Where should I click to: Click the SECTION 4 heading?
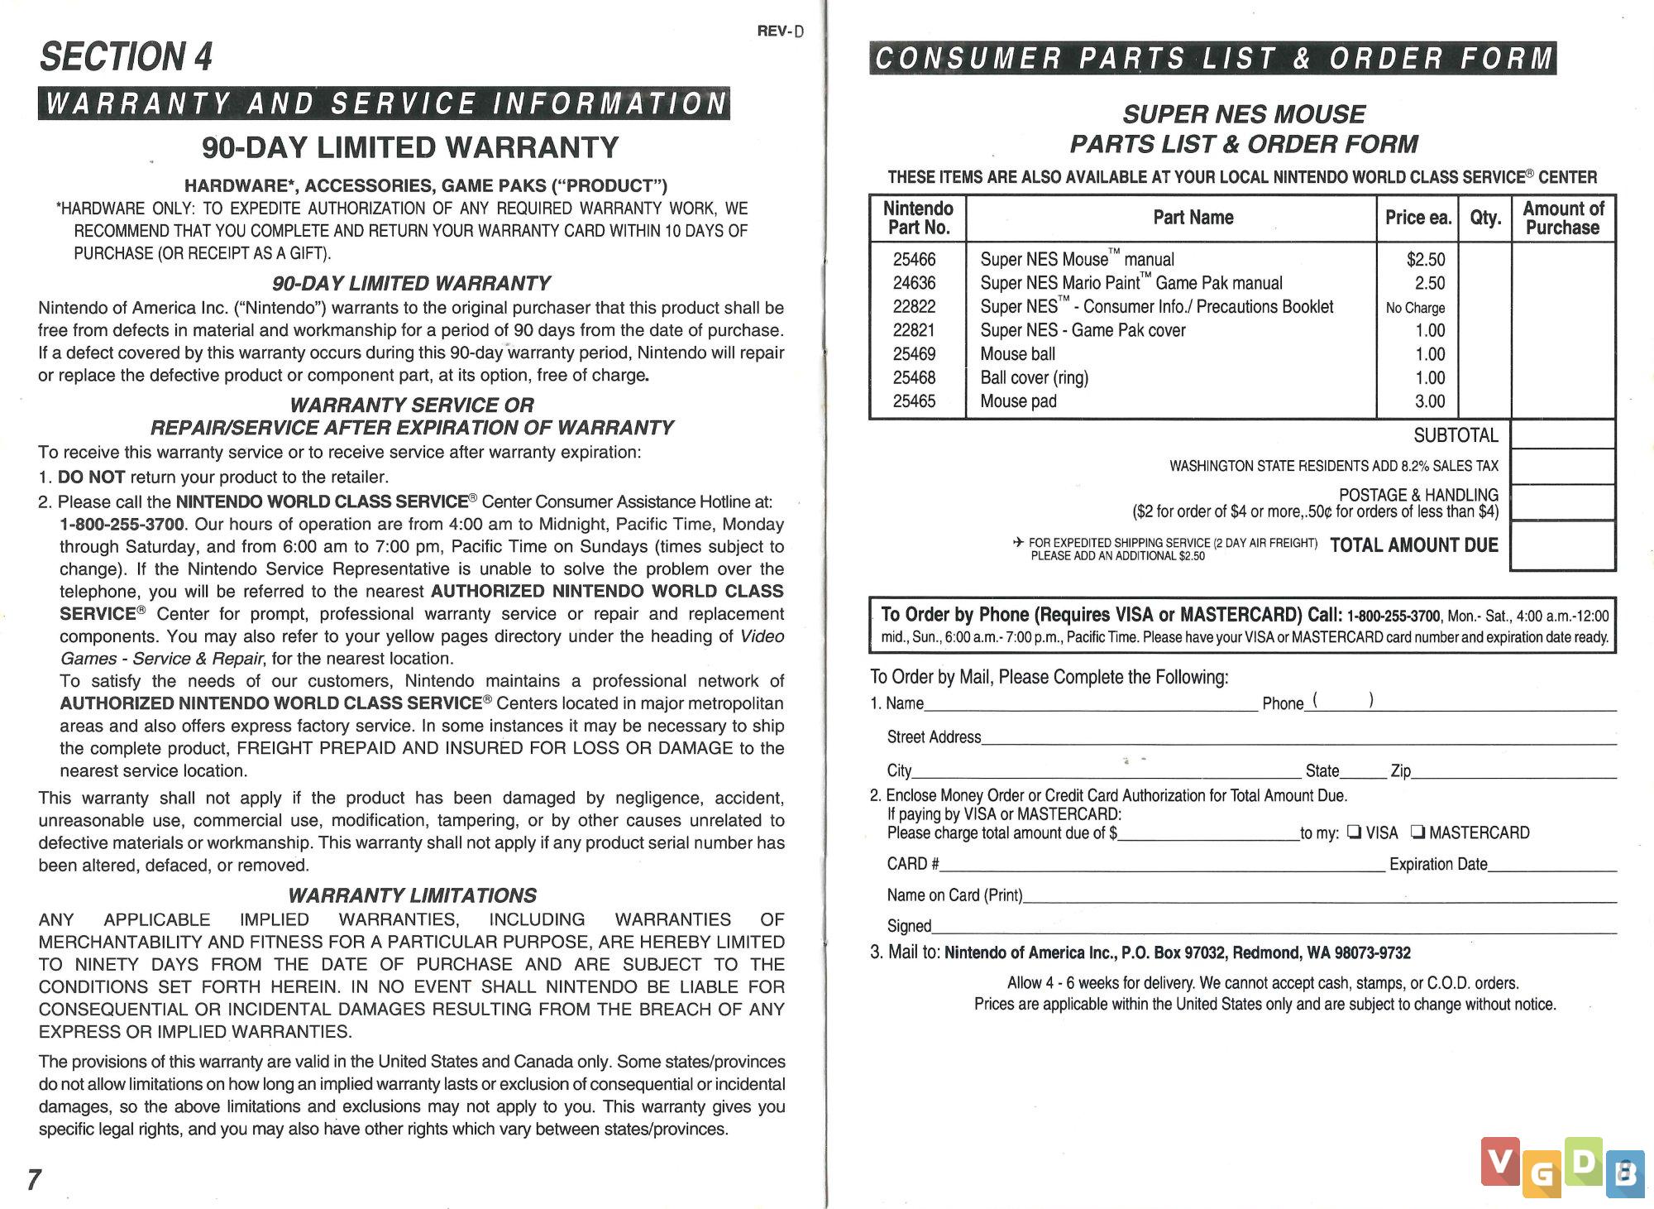pyautogui.click(x=126, y=57)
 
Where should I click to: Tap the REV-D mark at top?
pyautogui.click(x=780, y=31)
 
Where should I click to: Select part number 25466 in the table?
pyautogui.click(x=914, y=260)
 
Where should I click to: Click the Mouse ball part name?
pyautogui.click(x=1017, y=354)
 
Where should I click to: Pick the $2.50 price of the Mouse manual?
pyautogui.click(x=1425, y=260)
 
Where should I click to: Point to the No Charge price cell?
pyautogui.click(x=1415, y=308)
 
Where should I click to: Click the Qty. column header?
pyautogui.click(x=1485, y=218)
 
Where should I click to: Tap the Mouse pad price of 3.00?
pyautogui.click(x=1430, y=401)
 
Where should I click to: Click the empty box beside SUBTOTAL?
pyautogui.click(x=1562, y=434)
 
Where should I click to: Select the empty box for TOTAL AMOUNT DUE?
pyautogui.click(x=1562, y=545)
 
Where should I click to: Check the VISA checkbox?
pyautogui.click(x=1354, y=832)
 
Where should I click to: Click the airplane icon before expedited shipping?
pyautogui.click(x=1018, y=543)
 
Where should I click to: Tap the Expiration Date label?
pyautogui.click(x=1438, y=864)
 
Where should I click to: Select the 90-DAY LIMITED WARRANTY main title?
pyautogui.click(x=410, y=148)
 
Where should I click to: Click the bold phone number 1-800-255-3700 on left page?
pyautogui.click(x=122, y=525)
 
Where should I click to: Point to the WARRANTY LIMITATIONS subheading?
pyautogui.click(x=412, y=895)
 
